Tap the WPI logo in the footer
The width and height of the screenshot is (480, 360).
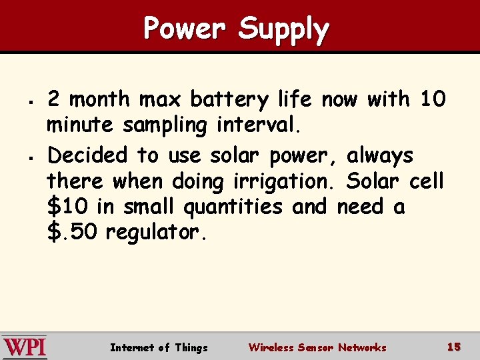[24, 347]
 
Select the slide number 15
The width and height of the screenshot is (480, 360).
[454, 347]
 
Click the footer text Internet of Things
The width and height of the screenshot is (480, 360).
[159, 347]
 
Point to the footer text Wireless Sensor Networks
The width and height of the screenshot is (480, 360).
[317, 347]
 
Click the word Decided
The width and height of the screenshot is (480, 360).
[87, 155]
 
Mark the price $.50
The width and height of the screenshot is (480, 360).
[73, 233]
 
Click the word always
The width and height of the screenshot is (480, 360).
[379, 156]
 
